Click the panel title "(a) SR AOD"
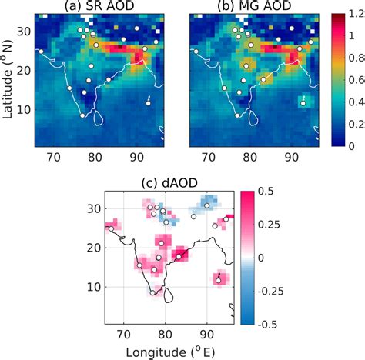[99, 7]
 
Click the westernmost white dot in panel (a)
[41, 52]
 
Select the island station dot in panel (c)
[218, 281]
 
